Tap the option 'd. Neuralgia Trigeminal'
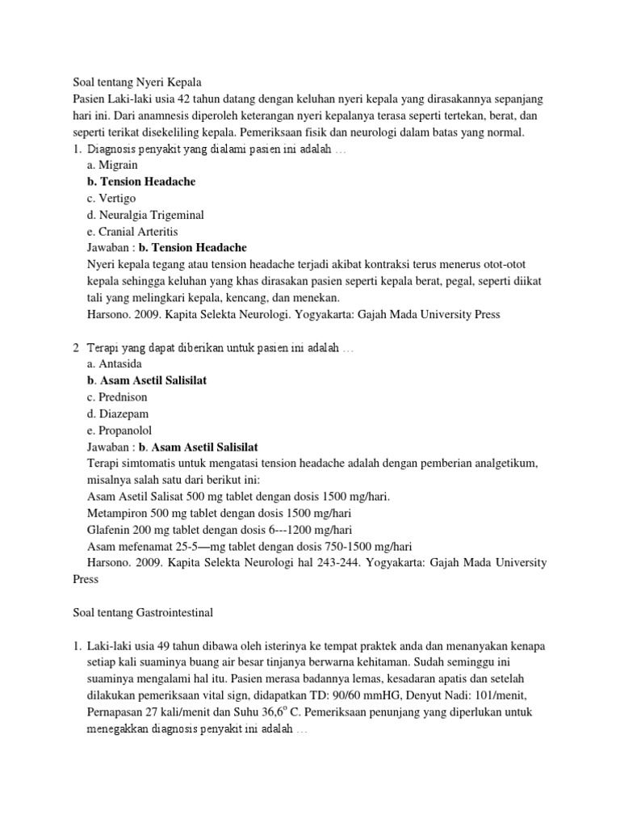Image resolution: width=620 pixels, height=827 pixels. point(145,215)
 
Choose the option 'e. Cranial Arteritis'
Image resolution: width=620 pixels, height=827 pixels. point(132,231)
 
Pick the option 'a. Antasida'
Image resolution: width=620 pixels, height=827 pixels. point(114,364)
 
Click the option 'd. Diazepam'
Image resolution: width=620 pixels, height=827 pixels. point(115,413)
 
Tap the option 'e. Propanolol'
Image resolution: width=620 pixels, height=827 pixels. point(119,430)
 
